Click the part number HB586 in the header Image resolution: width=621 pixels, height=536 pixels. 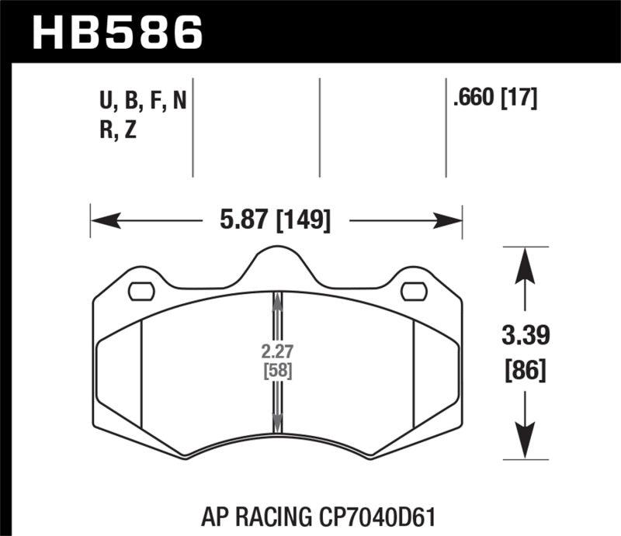coord(116,32)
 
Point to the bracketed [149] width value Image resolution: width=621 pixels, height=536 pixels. coord(304,222)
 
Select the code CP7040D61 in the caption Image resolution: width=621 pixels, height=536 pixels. coord(375,514)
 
